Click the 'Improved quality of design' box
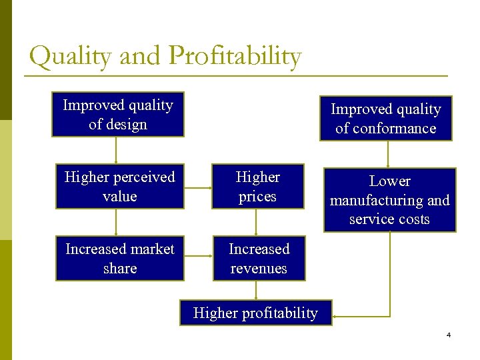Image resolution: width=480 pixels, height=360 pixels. click(118, 115)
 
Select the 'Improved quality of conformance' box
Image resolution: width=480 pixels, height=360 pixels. click(385, 119)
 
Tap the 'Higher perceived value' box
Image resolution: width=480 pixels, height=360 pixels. click(119, 187)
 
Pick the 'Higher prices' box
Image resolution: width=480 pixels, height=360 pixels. click(257, 187)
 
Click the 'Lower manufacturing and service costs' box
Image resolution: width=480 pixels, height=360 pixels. click(389, 200)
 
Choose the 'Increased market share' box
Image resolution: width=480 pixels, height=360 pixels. click(119, 259)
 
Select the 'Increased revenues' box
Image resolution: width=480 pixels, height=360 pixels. click(259, 259)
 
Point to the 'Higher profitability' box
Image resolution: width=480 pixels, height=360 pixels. click(255, 313)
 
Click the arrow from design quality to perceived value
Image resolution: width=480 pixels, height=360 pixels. click(117, 151)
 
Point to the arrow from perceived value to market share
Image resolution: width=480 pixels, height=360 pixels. click(117, 223)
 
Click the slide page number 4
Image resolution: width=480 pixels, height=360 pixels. click(449, 335)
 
